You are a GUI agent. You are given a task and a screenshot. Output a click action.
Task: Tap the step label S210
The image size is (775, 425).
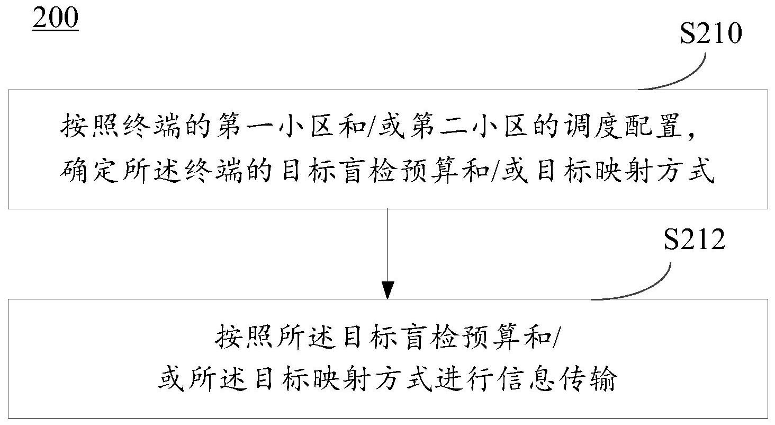(710, 33)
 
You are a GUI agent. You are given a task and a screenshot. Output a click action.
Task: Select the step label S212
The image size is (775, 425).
(694, 239)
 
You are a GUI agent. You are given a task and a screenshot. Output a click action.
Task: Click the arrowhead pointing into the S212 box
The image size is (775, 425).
(387, 290)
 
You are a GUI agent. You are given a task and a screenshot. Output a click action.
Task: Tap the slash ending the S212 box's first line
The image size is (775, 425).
(556, 337)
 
